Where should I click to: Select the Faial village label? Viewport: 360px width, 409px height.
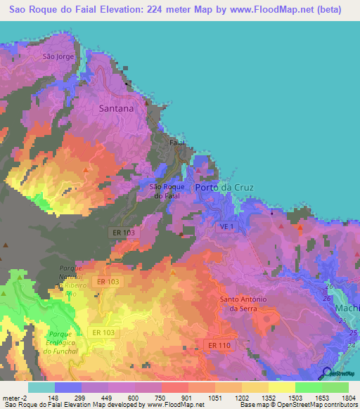click(x=178, y=142)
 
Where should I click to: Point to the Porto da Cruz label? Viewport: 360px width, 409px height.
click(x=224, y=188)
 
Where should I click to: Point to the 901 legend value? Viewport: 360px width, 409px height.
click(x=187, y=398)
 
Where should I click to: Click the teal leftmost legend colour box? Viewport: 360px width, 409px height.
click(x=41, y=387)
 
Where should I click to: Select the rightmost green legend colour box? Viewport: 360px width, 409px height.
click(x=335, y=387)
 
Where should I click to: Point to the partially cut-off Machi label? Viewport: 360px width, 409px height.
click(x=349, y=309)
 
